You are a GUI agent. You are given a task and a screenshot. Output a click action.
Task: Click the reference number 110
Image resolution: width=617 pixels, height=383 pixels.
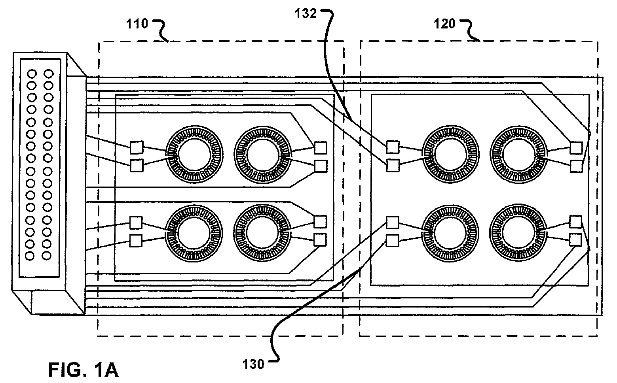tap(137, 24)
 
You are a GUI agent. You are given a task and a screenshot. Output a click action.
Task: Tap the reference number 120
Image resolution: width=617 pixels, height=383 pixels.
tap(444, 24)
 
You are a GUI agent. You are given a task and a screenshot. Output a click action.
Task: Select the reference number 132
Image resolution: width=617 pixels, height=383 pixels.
tap(306, 13)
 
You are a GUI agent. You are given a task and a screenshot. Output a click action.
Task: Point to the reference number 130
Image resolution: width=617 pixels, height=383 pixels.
tap(253, 364)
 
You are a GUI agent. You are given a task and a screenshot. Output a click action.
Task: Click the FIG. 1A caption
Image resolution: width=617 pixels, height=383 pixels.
tap(84, 370)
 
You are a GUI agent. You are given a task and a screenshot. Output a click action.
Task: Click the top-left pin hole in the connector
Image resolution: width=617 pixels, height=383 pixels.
tap(32, 74)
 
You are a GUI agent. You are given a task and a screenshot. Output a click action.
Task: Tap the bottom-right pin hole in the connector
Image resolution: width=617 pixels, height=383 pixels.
tap(47, 256)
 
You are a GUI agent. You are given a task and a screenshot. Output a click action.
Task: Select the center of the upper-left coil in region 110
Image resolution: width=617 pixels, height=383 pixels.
tap(194, 155)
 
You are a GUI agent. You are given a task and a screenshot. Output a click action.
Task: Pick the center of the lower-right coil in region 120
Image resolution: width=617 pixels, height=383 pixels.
tap(518, 233)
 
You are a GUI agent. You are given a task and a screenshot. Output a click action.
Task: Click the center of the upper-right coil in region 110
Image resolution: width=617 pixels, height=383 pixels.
tap(262, 155)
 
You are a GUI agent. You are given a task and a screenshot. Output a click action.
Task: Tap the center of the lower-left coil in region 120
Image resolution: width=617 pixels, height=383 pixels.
tap(450, 233)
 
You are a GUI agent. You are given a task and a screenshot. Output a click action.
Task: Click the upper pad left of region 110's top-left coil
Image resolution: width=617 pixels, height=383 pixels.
tap(137, 147)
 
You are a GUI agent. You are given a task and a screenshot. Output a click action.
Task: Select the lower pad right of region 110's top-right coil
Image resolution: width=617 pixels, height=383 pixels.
tap(321, 166)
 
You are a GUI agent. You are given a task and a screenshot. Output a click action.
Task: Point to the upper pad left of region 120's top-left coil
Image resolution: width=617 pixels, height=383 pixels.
tap(393, 147)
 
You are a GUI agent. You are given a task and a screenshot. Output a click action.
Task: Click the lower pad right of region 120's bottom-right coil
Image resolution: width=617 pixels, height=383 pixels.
tap(575, 240)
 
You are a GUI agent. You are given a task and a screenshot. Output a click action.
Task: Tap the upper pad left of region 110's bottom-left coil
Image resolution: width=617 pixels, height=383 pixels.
tap(136, 223)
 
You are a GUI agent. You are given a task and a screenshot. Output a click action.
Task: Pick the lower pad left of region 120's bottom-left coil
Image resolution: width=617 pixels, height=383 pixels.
tap(392, 240)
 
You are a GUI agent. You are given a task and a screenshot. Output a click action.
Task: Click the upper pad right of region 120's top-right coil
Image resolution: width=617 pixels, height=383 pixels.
tap(576, 148)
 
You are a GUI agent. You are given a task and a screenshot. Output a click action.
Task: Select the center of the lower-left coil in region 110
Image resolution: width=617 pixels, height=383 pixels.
tap(194, 233)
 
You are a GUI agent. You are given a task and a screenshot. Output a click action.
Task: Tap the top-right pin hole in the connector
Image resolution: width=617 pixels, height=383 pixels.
tap(49, 74)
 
